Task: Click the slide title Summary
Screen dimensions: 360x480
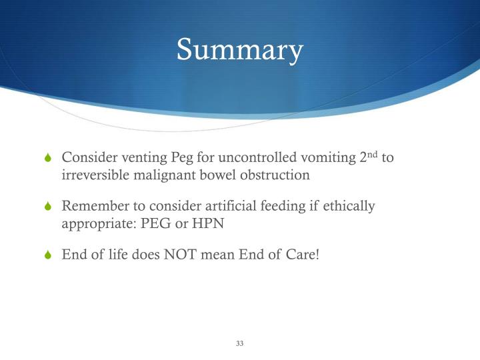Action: coord(240,50)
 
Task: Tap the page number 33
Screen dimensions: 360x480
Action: coord(240,343)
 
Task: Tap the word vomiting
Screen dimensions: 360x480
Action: coord(328,158)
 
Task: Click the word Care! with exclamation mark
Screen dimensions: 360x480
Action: coord(301,255)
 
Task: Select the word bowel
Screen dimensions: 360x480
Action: coord(215,175)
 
